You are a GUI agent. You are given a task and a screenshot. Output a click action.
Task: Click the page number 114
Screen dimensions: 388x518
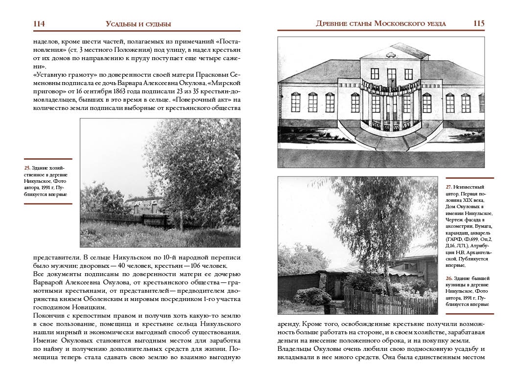[x=39, y=23]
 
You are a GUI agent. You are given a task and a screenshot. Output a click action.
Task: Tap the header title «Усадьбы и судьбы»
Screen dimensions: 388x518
[x=138, y=24]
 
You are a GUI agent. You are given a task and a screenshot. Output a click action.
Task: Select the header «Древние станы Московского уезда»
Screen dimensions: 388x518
[x=381, y=23]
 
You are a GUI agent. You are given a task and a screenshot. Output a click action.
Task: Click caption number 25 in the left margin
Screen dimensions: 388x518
[x=27, y=168]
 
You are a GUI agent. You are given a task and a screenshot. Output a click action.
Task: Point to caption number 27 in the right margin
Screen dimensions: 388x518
[x=448, y=187]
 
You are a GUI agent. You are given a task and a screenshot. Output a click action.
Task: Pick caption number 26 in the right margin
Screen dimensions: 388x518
[x=448, y=279]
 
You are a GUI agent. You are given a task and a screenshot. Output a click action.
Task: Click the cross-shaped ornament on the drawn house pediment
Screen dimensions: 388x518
[x=391, y=50]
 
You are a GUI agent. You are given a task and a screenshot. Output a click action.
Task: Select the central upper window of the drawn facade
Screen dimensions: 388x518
[x=391, y=74]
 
